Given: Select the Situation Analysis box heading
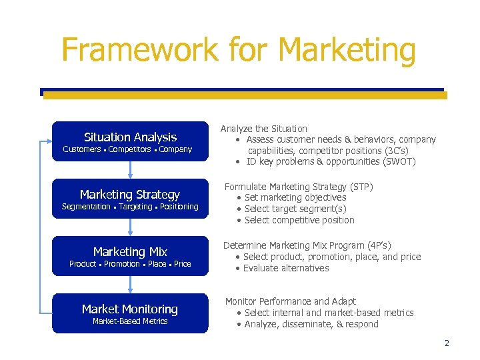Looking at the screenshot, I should tap(130, 137).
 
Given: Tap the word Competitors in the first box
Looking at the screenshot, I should tap(129, 149).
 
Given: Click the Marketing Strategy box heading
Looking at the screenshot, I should tap(130, 194).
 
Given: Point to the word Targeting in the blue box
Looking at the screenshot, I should tap(135, 207).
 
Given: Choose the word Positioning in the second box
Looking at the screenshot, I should tap(179, 207).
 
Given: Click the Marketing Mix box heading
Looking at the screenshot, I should tap(130, 251).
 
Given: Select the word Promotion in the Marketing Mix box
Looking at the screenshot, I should tap(122, 264).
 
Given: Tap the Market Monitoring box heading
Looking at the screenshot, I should tap(130, 309).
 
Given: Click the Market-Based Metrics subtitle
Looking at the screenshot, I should tap(130, 321).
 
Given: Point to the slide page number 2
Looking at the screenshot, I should tap(447, 343).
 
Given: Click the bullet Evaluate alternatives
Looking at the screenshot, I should tap(285, 268).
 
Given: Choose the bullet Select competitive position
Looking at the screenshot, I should tap(299, 220).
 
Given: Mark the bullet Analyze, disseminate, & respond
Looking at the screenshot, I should tap(311, 325).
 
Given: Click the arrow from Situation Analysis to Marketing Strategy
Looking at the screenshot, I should tap(130, 170).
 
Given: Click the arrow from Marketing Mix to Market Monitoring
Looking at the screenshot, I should tap(130, 285).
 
